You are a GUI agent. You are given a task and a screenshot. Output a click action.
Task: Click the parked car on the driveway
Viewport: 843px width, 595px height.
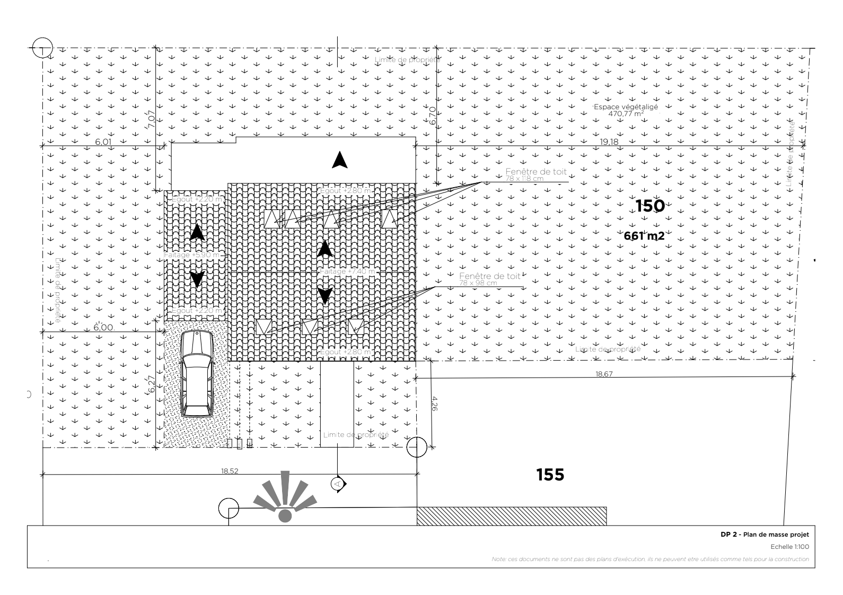pos(196,374)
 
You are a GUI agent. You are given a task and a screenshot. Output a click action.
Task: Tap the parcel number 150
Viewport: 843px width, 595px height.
pos(649,206)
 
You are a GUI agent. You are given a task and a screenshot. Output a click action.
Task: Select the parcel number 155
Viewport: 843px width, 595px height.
pos(550,475)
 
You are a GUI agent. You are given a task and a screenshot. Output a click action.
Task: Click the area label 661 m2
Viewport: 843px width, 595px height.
pos(644,236)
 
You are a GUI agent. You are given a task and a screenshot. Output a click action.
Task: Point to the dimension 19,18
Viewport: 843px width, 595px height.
pos(609,142)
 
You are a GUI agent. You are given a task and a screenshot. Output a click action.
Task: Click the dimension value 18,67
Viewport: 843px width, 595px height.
pos(604,374)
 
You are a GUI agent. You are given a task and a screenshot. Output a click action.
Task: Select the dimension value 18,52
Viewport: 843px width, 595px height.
pos(229,470)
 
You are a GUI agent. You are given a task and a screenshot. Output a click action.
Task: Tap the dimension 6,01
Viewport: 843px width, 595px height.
pos(103,142)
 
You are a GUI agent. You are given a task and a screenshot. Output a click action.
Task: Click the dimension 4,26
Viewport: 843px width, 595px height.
pos(435,404)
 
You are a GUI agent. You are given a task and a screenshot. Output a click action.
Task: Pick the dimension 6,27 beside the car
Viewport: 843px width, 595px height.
pos(152,384)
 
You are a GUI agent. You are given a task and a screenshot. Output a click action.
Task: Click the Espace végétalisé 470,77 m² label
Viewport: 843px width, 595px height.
pos(626,110)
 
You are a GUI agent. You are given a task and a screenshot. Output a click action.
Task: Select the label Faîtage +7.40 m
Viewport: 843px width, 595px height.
pos(347,272)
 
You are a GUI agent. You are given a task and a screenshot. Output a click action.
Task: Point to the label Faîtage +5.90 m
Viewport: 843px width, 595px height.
pos(192,255)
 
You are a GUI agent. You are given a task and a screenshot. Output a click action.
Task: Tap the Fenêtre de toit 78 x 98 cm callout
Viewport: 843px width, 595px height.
pos(489,279)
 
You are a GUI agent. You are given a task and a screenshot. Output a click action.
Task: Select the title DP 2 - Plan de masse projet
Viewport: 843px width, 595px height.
pos(764,535)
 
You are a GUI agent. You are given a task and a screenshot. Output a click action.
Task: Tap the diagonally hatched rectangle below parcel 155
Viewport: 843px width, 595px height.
pos(512,516)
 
